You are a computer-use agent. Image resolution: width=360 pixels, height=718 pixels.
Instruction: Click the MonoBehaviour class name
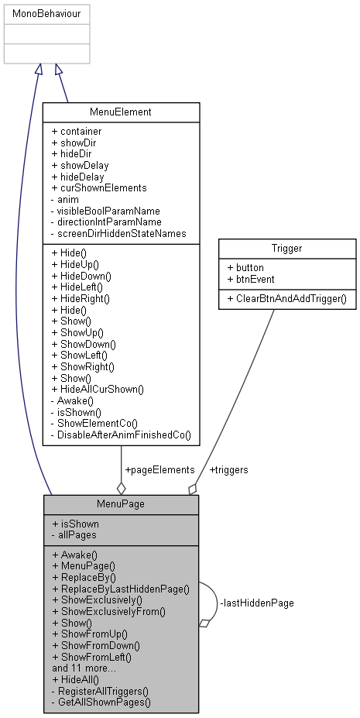(46, 14)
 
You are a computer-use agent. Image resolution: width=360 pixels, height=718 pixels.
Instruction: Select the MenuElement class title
(121, 112)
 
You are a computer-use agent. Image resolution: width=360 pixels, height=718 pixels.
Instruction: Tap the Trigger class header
(287, 249)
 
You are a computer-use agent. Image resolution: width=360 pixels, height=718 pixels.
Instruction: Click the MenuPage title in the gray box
(121, 504)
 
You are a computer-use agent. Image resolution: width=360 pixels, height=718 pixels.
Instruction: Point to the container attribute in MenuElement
(77, 132)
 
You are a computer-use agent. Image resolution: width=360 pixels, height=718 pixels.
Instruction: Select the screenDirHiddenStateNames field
(118, 233)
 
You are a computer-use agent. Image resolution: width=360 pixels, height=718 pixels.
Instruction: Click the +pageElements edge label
(159, 469)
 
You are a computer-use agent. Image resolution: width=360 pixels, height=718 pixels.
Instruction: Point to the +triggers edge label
(228, 469)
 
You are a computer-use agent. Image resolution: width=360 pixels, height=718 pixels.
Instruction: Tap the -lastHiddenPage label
(257, 602)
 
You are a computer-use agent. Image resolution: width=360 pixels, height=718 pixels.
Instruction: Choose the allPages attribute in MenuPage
(73, 535)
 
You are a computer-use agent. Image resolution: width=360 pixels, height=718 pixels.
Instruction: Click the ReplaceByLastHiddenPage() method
(120, 589)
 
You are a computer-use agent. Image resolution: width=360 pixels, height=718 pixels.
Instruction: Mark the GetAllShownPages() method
(101, 701)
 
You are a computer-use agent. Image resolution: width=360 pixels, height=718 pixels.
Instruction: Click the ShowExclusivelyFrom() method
(108, 611)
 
